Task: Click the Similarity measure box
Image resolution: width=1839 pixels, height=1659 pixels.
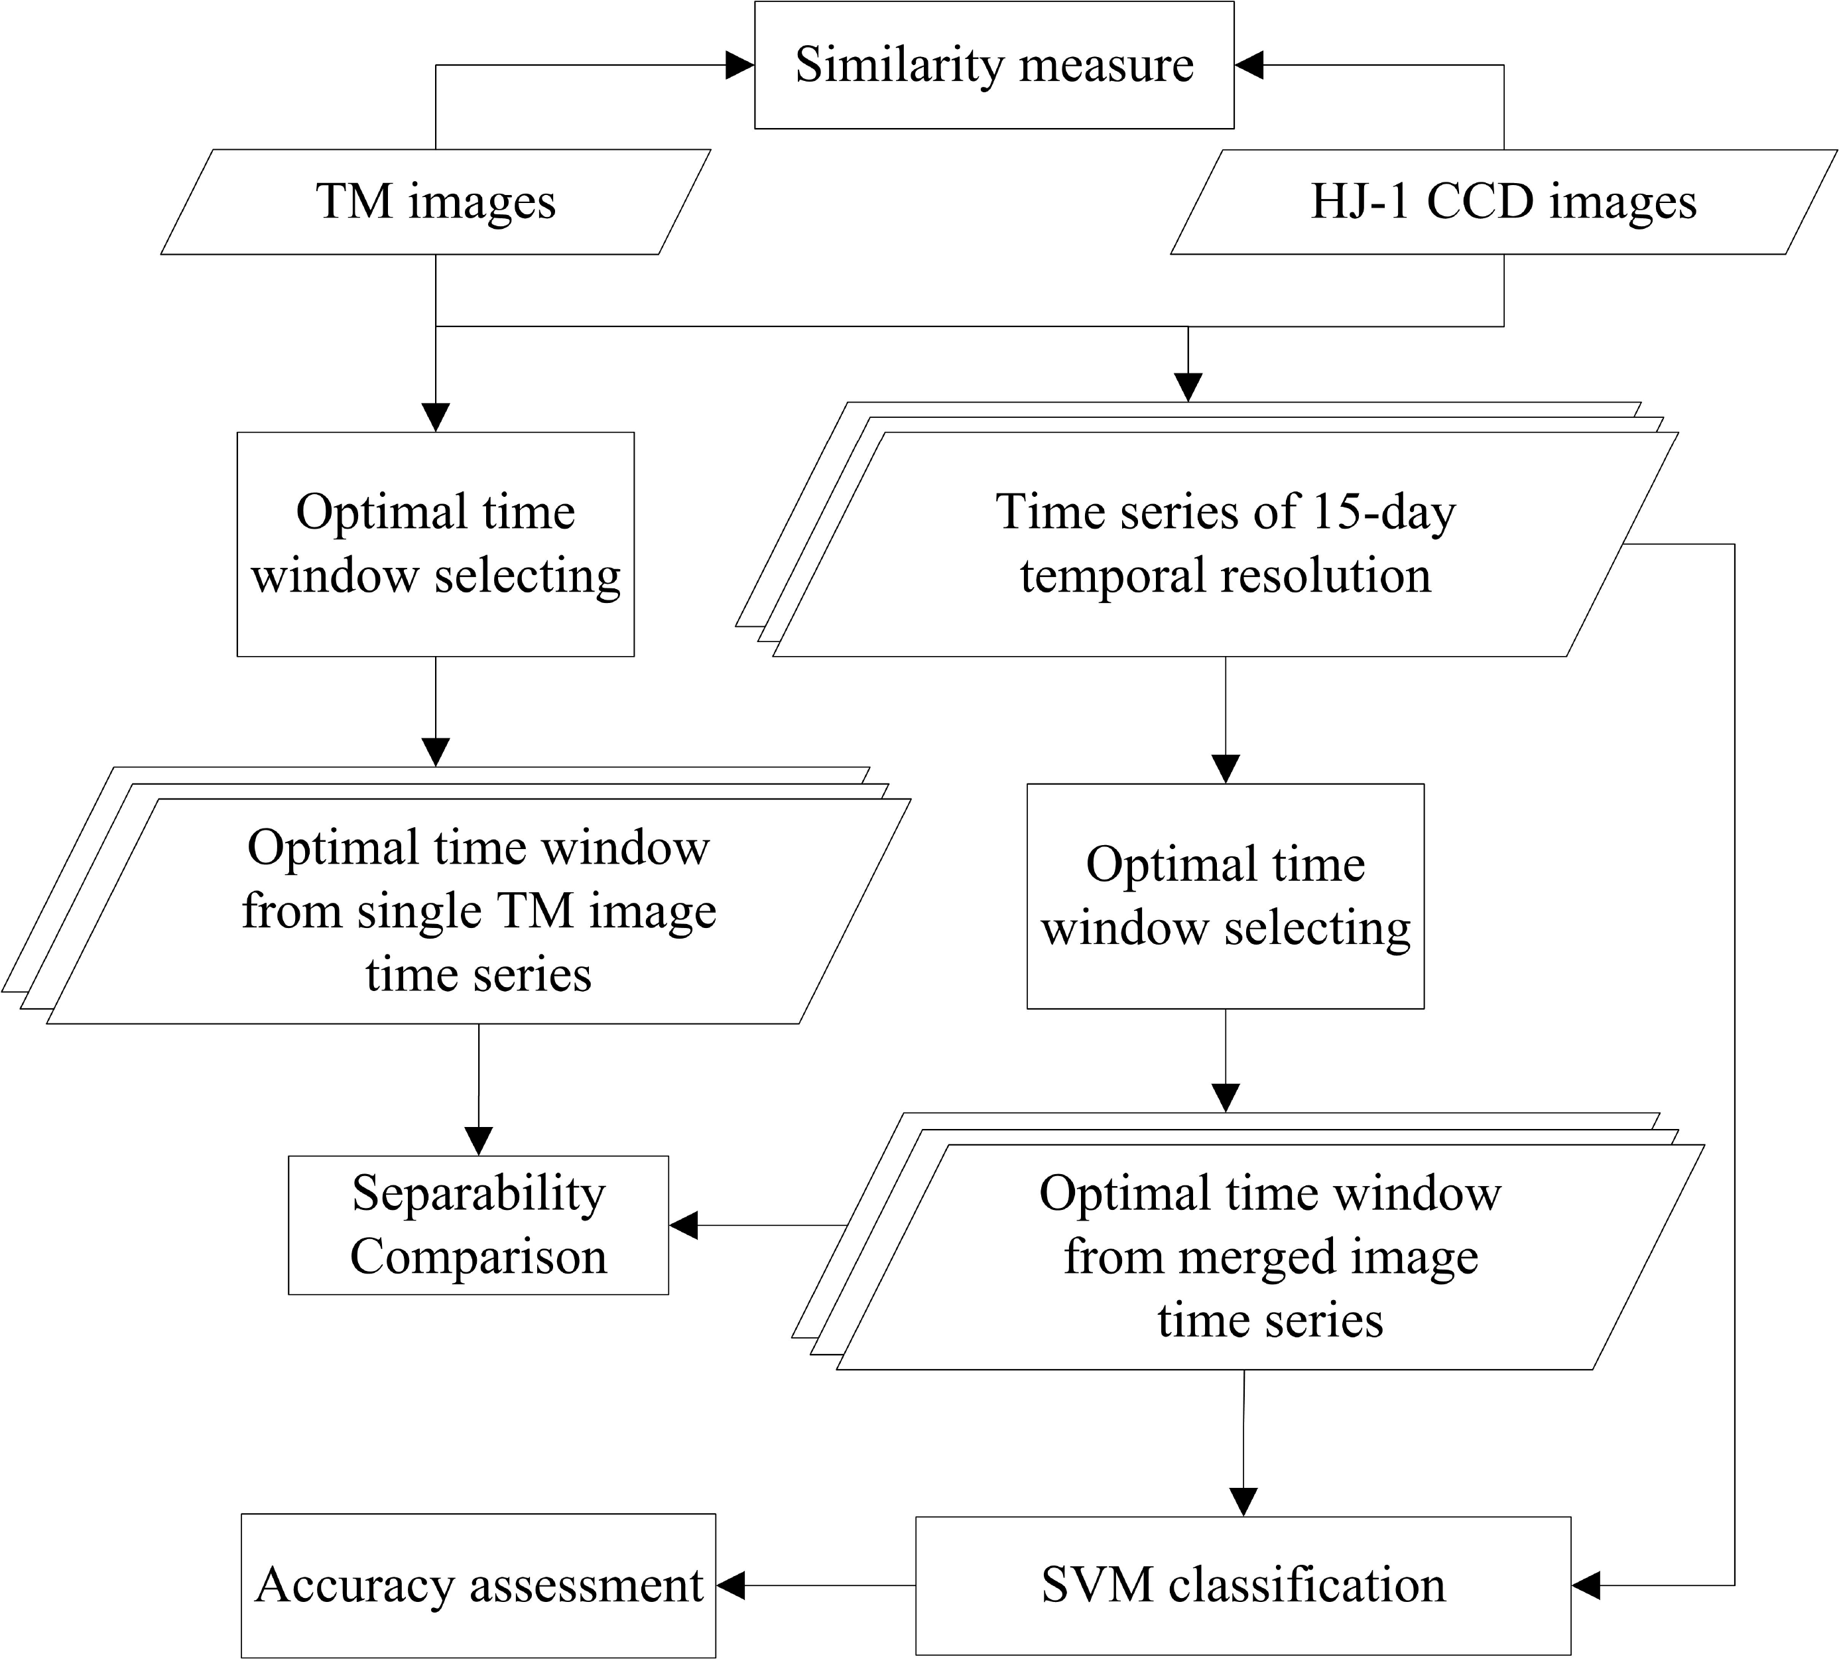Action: (993, 65)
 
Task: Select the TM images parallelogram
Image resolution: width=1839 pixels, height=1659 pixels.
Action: (436, 202)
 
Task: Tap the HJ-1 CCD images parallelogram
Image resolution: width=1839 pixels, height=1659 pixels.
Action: (1503, 202)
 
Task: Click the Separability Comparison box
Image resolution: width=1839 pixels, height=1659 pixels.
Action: (478, 1225)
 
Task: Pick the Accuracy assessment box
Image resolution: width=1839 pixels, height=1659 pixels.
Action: (478, 1585)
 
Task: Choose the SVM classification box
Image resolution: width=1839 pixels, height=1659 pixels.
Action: (1243, 1585)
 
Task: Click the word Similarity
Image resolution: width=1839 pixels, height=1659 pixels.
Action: (898, 65)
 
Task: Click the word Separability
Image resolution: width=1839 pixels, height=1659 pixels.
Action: (478, 1193)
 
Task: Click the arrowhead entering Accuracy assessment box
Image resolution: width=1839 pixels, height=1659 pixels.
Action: (731, 1585)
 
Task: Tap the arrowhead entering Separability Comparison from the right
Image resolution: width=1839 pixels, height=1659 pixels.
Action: (684, 1225)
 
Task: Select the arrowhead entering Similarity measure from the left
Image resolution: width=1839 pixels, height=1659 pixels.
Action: (740, 65)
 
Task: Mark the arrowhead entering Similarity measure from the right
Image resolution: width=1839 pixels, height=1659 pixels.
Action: (1249, 65)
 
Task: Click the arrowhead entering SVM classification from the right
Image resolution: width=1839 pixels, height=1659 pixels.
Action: (1586, 1585)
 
